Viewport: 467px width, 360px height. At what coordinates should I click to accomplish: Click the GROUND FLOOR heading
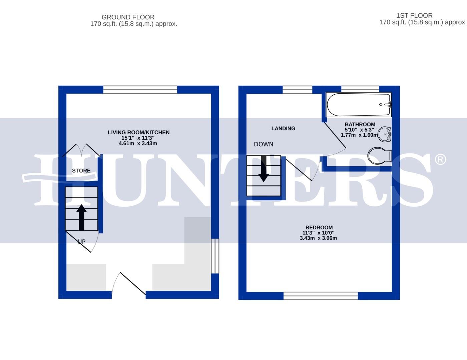(x=128, y=17)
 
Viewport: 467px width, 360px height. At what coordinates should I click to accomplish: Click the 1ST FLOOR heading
(x=414, y=15)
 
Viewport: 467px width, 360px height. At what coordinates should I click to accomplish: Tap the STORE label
(x=81, y=170)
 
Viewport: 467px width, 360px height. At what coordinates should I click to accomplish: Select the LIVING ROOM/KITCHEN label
(x=138, y=132)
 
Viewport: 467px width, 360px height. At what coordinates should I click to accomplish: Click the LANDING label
(x=283, y=128)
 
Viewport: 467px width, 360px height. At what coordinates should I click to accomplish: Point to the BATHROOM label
(x=360, y=124)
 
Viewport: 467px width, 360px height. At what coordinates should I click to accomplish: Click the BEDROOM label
(x=319, y=227)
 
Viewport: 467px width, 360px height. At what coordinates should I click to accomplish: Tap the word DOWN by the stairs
(x=264, y=144)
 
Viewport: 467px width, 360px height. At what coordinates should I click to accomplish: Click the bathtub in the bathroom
(x=359, y=105)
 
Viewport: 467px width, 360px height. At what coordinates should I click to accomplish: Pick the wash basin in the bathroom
(x=386, y=134)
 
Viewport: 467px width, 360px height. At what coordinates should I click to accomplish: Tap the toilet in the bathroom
(x=379, y=155)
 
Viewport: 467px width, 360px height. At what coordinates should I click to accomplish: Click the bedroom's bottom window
(x=321, y=296)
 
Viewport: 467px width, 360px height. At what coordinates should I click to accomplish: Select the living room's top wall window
(x=140, y=89)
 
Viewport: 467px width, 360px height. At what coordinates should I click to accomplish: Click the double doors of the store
(x=81, y=150)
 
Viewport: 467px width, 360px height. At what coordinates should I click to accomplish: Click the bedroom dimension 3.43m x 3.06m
(x=318, y=238)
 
